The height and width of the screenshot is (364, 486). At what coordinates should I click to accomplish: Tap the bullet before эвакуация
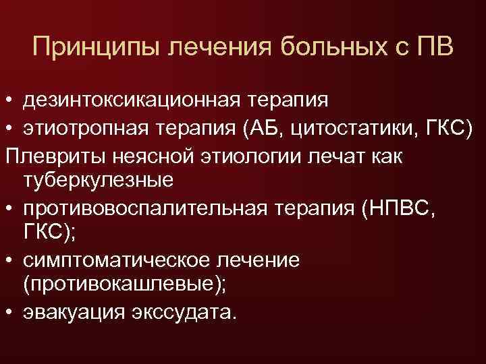(x=8, y=313)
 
